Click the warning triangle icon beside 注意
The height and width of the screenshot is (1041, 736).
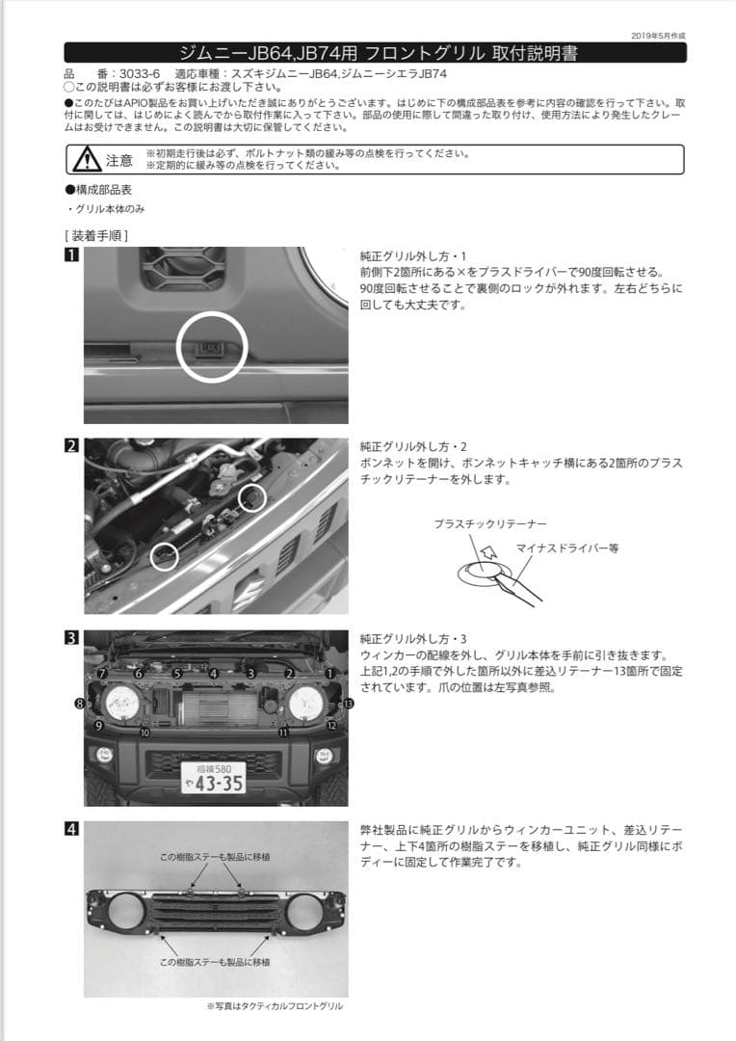(86, 159)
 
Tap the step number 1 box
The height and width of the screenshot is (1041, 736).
(71, 255)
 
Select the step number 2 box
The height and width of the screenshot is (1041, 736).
(71, 446)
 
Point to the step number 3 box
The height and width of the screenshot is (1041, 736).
(71, 637)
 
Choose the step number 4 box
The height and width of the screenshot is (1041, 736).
(71, 828)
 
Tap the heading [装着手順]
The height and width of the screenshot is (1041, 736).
(96, 234)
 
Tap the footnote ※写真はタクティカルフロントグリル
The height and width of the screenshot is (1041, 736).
(275, 1005)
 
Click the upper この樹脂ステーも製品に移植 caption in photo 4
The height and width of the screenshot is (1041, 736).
(215, 856)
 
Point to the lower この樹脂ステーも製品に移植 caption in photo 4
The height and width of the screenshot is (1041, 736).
(215, 962)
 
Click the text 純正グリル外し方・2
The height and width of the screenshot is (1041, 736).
(413, 447)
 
